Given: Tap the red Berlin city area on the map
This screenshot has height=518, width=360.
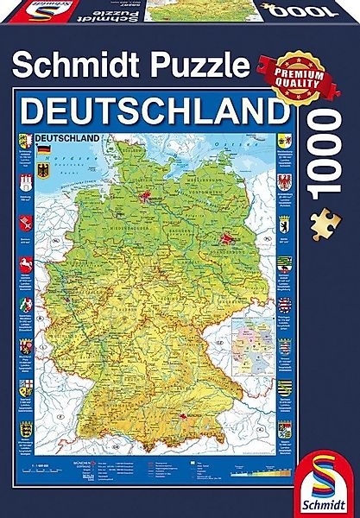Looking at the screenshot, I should click(x=226, y=217).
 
